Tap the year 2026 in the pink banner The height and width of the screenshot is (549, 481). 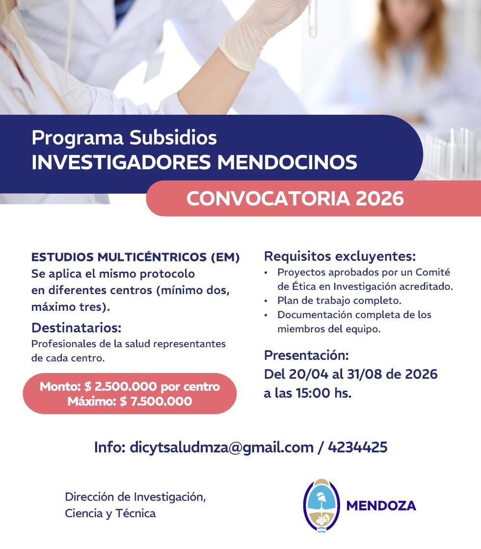tap(380, 199)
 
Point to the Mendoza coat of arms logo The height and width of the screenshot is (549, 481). tap(321, 505)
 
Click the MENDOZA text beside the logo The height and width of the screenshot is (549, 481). tap(381, 506)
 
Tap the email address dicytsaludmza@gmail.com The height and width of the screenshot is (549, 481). tap(221, 447)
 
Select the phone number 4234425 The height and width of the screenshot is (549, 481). tap(357, 447)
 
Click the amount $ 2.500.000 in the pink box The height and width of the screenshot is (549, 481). tap(120, 386)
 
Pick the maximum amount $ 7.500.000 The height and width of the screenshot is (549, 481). tap(156, 401)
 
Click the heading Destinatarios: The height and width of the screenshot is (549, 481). tap(76, 327)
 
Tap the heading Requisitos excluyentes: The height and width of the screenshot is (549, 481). tap(340, 256)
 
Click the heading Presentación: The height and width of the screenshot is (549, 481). tap(306, 355)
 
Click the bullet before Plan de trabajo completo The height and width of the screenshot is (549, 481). tap(266, 300)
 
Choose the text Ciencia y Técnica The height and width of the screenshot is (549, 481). tap(110, 513)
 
